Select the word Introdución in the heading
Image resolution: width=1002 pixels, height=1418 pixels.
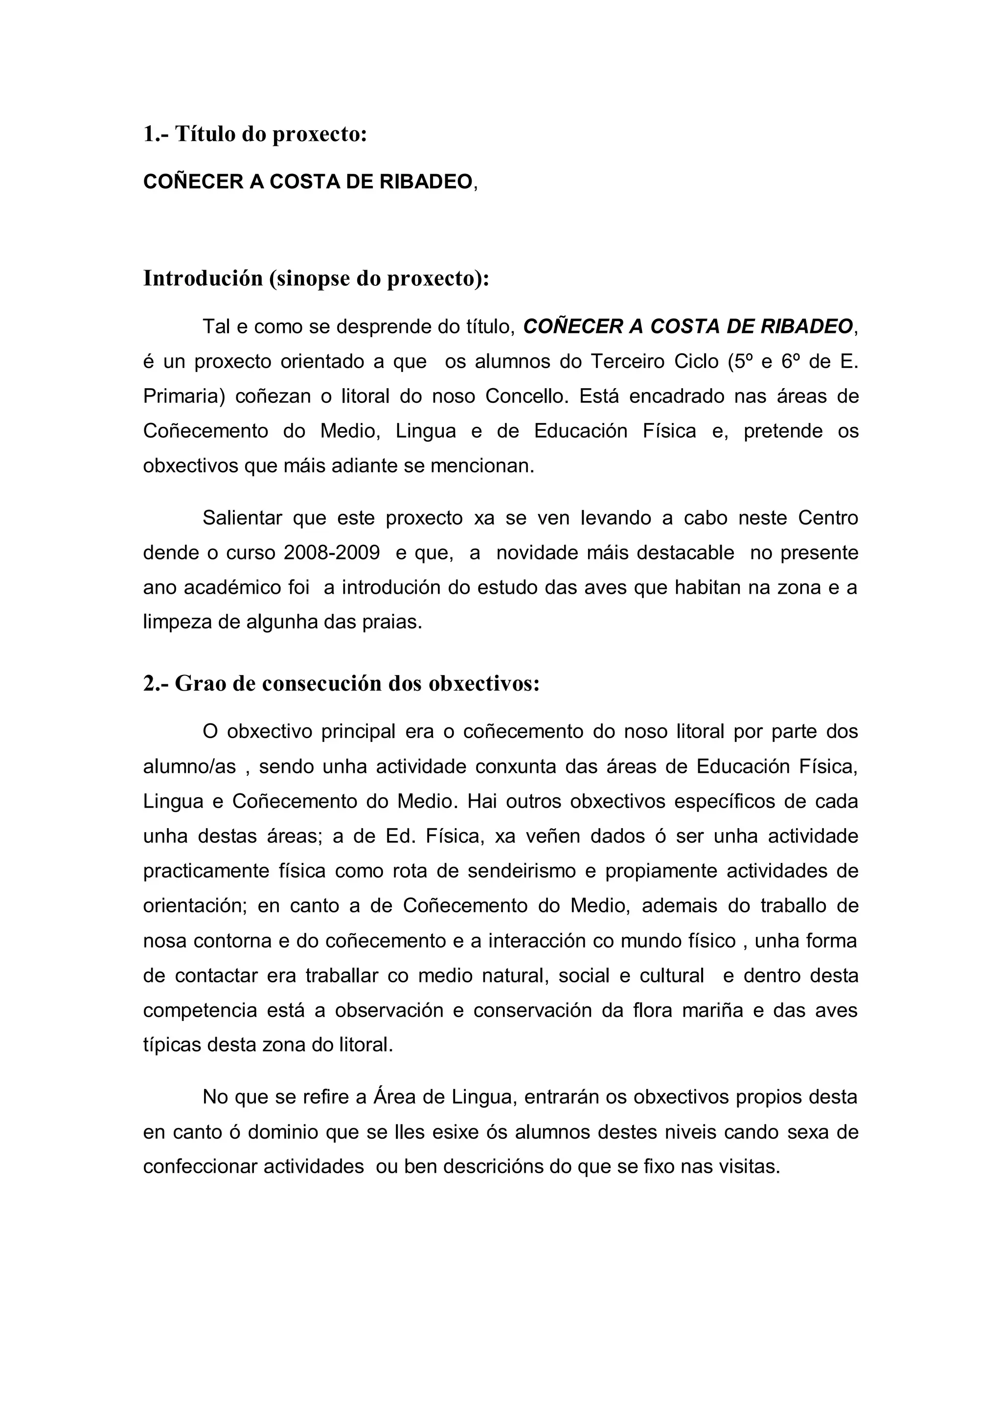(x=203, y=279)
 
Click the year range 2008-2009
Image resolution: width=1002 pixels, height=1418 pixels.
(x=332, y=553)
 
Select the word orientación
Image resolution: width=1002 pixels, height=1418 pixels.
(x=195, y=906)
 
